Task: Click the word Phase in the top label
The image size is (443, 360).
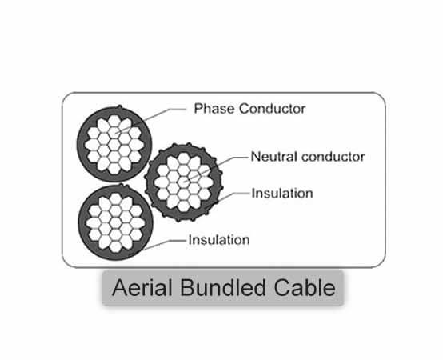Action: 214,109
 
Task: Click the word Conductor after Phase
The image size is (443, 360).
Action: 273,109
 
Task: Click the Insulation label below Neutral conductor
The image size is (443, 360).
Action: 282,194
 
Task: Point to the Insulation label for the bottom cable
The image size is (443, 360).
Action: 219,240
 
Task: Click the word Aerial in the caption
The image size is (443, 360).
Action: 142,288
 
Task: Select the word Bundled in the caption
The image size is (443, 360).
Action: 223,288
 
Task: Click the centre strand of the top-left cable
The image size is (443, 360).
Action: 114,145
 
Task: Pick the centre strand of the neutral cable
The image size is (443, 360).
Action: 184,182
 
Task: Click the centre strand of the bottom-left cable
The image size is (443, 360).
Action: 115,222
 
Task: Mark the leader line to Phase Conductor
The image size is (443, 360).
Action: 150,119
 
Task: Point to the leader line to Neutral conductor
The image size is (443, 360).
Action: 216,169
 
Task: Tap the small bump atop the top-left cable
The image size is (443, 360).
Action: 119,107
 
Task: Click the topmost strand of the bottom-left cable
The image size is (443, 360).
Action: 115,198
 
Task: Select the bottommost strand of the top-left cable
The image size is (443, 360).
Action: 114,169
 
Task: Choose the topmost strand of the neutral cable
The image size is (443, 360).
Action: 184,158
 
